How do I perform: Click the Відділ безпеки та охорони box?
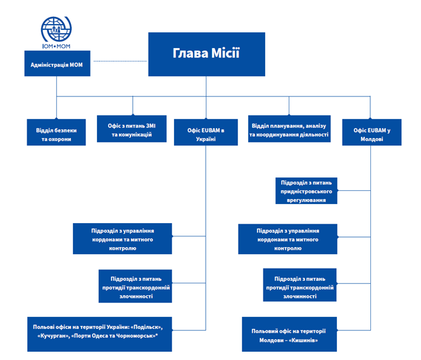[x=56, y=132]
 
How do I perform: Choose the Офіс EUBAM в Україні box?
[x=205, y=132]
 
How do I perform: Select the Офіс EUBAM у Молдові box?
[x=372, y=132]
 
